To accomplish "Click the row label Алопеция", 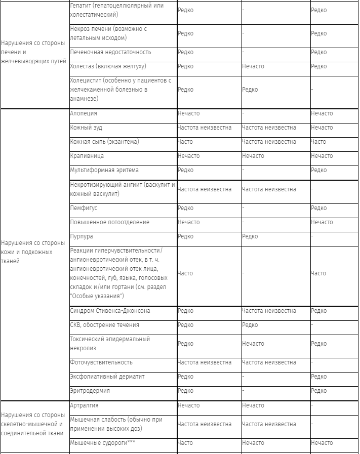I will click(84, 113).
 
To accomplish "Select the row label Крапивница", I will click(87, 156).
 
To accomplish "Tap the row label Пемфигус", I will click(84, 208).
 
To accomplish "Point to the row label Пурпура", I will click(82, 236).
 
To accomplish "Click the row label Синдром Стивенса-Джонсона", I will click(110, 311).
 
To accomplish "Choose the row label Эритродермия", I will click(90, 391).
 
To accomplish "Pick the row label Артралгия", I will click(84, 405).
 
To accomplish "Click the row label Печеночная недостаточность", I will click(110, 52).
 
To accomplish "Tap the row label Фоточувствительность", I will click(101, 362).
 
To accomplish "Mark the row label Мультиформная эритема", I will click(104, 170).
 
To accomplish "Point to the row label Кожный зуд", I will click(86, 128).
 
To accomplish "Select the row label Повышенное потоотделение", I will click(110, 222).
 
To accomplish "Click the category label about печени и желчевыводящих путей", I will click(33, 52).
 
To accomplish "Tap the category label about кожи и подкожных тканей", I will click(33, 252).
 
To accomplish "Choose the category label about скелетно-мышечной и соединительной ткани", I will click(33, 424).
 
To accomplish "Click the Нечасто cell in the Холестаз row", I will click(253, 66).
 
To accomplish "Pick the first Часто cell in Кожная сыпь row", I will click(185, 142).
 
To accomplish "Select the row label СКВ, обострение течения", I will click(104, 325).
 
